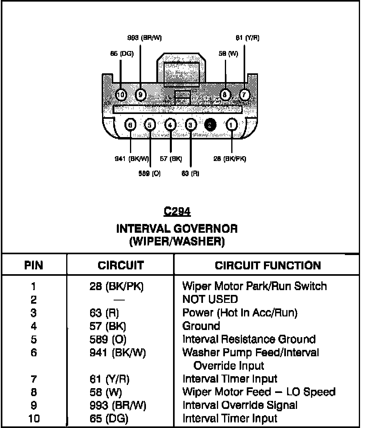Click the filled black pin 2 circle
(211, 125)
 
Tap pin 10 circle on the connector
(121, 95)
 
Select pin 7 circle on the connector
(244, 95)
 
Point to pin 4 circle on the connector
(170, 125)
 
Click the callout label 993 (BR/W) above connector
(144, 38)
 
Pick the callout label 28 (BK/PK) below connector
(230, 159)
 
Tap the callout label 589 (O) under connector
(150, 174)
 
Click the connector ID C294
(177, 212)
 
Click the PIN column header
(34, 265)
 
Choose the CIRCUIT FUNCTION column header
(268, 265)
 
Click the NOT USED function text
(210, 299)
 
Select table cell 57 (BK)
(108, 326)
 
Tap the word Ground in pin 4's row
(201, 326)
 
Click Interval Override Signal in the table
(240, 405)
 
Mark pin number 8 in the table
(33, 392)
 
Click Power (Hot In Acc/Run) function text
(240, 313)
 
